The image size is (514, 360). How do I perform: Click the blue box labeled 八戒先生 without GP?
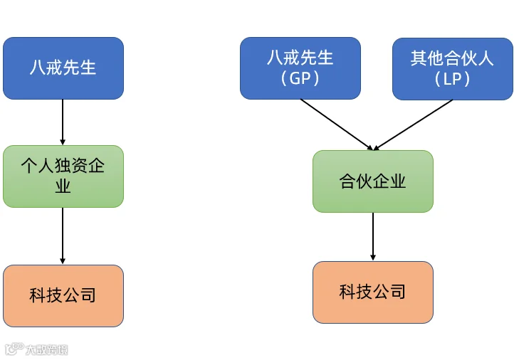coord(63,68)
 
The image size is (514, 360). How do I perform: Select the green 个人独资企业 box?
coord(63,176)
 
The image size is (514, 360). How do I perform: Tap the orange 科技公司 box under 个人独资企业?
coord(63,296)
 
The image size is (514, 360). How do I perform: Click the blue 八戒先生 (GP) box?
coord(300,68)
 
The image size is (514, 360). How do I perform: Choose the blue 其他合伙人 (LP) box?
coord(453,69)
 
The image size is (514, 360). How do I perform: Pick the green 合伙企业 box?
coord(373,181)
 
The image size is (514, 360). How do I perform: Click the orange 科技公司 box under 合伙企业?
coord(373,292)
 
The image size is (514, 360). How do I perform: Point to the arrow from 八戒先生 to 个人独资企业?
coord(63,122)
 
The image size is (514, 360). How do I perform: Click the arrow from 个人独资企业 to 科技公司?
coord(63,236)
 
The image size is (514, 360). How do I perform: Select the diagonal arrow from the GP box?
coord(337,125)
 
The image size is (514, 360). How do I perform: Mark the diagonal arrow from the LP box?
coord(413,125)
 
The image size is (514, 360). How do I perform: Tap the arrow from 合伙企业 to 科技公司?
coord(373,236)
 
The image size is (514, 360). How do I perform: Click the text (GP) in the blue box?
coord(300,78)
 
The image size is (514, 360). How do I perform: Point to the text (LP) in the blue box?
coord(452,79)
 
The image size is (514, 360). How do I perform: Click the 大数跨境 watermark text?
coord(47,350)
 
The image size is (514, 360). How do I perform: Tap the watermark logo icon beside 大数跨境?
coord(15,349)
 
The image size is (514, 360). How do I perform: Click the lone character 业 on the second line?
coord(63,186)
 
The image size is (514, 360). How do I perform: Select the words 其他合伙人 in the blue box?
coord(452,58)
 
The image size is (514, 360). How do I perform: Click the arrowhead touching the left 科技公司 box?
coord(63,261)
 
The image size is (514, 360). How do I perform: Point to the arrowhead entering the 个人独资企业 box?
coord(63,142)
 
